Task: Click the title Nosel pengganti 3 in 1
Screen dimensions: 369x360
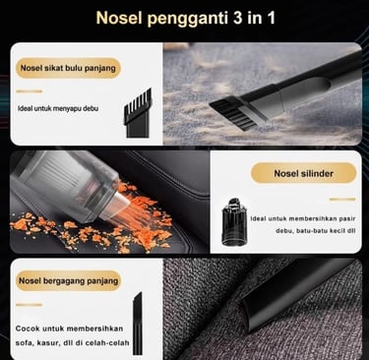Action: (186, 18)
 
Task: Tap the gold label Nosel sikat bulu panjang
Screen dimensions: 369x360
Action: (68, 68)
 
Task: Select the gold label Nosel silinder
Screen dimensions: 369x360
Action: (303, 173)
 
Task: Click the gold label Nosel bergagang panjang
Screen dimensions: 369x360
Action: (68, 280)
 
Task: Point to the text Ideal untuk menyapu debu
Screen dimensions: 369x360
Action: (58, 108)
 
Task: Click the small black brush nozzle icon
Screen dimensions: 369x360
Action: (138, 113)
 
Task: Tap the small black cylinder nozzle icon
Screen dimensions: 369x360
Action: (234, 222)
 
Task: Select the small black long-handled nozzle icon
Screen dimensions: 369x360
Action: (138, 324)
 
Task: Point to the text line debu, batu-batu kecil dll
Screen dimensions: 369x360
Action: (316, 231)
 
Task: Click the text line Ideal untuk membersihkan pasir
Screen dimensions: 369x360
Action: (303, 218)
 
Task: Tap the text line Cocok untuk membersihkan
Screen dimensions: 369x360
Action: (69, 329)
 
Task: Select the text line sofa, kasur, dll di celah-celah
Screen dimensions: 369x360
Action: (72, 343)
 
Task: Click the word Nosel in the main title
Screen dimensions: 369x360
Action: (119, 18)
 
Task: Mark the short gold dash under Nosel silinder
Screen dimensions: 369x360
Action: (342, 199)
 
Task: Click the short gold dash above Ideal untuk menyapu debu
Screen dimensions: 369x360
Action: (30, 91)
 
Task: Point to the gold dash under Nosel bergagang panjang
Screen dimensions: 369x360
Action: (30, 305)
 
